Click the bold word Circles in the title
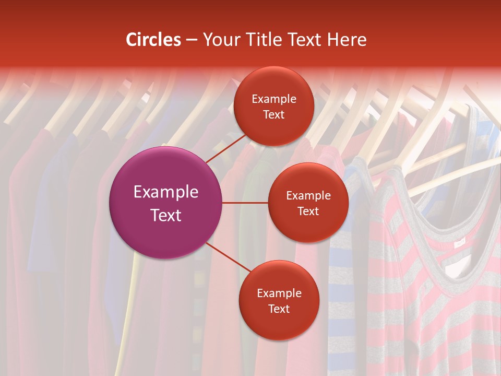(153, 40)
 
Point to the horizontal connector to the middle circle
(245, 203)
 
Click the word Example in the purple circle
(166, 192)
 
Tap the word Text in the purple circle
(166, 215)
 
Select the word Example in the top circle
(274, 99)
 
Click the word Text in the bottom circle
(279, 309)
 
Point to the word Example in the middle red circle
(308, 195)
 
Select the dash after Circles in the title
(192, 40)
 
